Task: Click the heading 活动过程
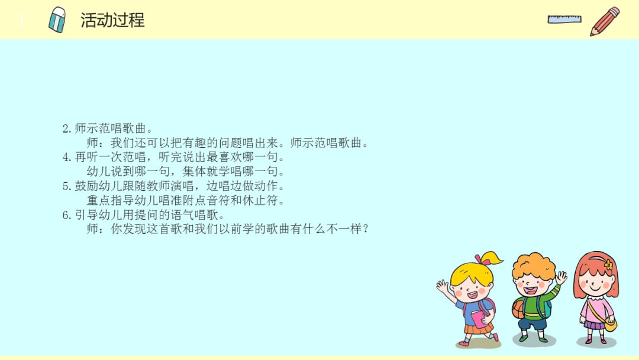click(x=112, y=20)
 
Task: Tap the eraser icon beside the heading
click(x=57, y=20)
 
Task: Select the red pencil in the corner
click(x=605, y=21)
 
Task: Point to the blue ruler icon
click(x=564, y=19)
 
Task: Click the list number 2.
click(x=66, y=128)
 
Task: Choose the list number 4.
click(x=66, y=157)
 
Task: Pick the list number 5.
click(x=66, y=186)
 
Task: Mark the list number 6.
click(x=66, y=215)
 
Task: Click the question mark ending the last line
click(x=365, y=229)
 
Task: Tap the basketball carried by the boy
click(x=518, y=308)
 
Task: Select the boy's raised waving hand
click(x=561, y=277)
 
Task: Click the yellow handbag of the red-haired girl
click(x=610, y=324)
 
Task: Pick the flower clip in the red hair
click(x=608, y=265)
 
